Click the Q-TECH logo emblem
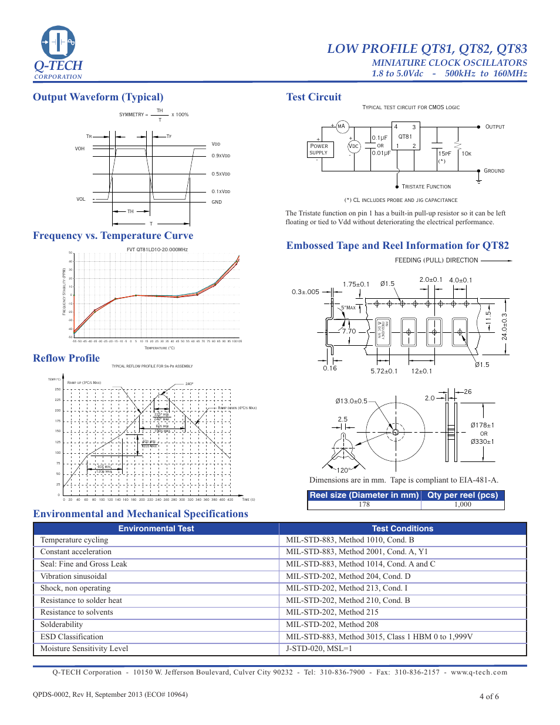coord(58,42)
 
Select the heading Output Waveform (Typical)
coord(98,97)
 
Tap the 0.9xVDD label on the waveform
coord(221,156)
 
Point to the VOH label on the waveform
coord(80,149)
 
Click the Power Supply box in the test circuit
coord(319,149)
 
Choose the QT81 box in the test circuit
coord(405,137)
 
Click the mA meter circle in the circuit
coord(341,126)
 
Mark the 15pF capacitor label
coord(445,154)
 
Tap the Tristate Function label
coord(426,187)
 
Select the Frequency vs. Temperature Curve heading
coord(113,235)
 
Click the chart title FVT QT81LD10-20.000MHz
coord(157,249)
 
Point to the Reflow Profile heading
coord(66,358)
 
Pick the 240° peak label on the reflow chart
coord(189,384)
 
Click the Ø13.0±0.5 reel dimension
coord(351,401)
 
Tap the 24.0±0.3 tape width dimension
coord(504,326)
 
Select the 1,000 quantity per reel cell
coord(463,504)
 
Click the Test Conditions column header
coord(403,528)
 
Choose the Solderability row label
coord(62,625)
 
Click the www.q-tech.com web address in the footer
coord(479,672)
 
